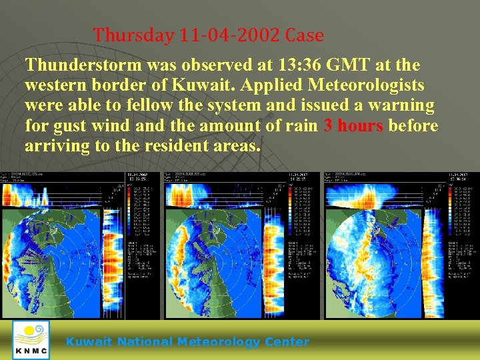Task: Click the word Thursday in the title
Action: click(133, 35)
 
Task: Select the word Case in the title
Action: click(305, 35)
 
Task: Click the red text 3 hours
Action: click(353, 125)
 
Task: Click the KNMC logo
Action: click(31, 340)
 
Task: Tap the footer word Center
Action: click(288, 342)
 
